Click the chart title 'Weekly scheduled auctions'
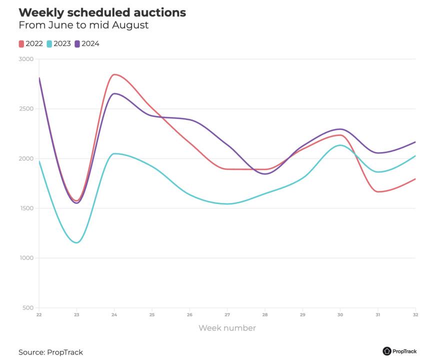(x=102, y=12)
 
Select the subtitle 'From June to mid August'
(x=83, y=25)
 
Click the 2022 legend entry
(x=31, y=43)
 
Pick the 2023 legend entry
(x=59, y=43)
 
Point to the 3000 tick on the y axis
(x=26, y=59)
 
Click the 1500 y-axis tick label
(x=26, y=208)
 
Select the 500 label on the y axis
(x=28, y=307)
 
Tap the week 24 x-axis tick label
(x=114, y=314)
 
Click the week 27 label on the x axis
(x=227, y=314)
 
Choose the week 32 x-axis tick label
(x=415, y=314)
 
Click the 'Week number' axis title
(x=227, y=328)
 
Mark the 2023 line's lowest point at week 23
(x=76, y=242)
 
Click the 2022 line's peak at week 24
(x=114, y=74)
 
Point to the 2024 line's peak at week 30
(x=340, y=129)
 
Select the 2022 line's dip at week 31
(x=378, y=191)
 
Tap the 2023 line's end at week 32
(x=415, y=156)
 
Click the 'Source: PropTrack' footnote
(x=50, y=352)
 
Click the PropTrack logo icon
(x=387, y=351)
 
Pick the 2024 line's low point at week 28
(x=264, y=174)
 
